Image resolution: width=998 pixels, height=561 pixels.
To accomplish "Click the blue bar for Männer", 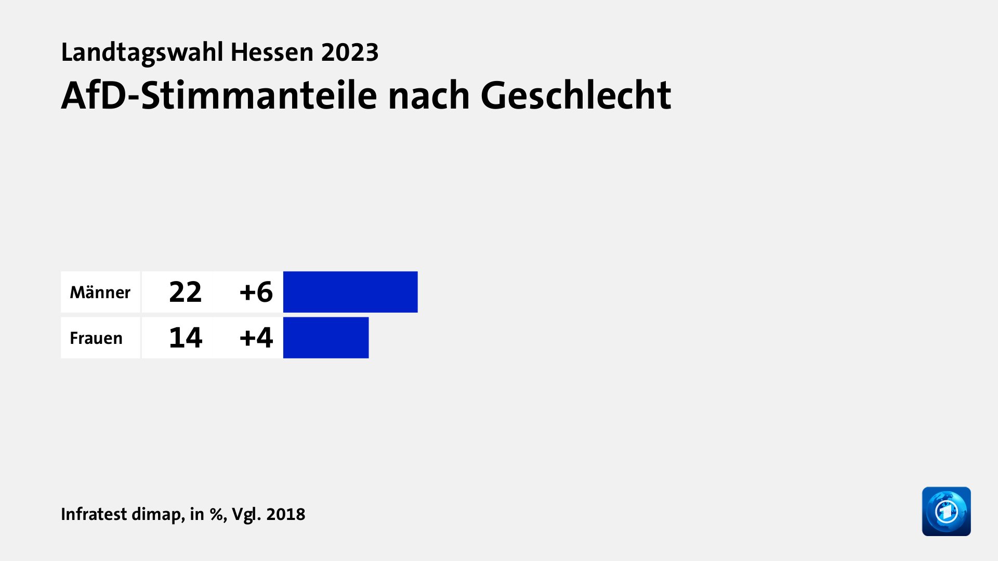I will [350, 292].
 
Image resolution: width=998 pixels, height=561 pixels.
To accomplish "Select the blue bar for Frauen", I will [326, 338].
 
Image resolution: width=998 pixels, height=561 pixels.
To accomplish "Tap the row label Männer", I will [100, 292].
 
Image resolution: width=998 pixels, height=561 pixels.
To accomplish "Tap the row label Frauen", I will [96, 338].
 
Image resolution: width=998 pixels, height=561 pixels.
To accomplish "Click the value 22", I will [185, 292].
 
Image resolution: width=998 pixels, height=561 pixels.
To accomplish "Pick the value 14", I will [185, 338].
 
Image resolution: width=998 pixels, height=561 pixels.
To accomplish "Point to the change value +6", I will [256, 292].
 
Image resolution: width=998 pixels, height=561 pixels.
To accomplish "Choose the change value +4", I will [256, 338].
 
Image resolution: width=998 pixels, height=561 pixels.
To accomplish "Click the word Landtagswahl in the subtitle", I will [142, 52].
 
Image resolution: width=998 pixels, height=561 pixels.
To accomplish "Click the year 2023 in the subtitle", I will [349, 52].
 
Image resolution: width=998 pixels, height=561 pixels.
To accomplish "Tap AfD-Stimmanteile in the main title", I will [218, 96].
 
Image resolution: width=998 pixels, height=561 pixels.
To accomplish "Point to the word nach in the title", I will [429, 96].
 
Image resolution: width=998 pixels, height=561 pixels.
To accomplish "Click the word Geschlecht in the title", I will [575, 96].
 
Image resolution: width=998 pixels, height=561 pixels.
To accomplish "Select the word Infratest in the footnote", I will [94, 514].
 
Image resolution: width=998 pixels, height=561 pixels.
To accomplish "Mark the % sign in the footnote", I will [217, 514].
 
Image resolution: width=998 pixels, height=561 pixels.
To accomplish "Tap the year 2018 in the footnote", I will [285, 514].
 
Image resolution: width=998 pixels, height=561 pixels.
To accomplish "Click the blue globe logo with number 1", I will [946, 511].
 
